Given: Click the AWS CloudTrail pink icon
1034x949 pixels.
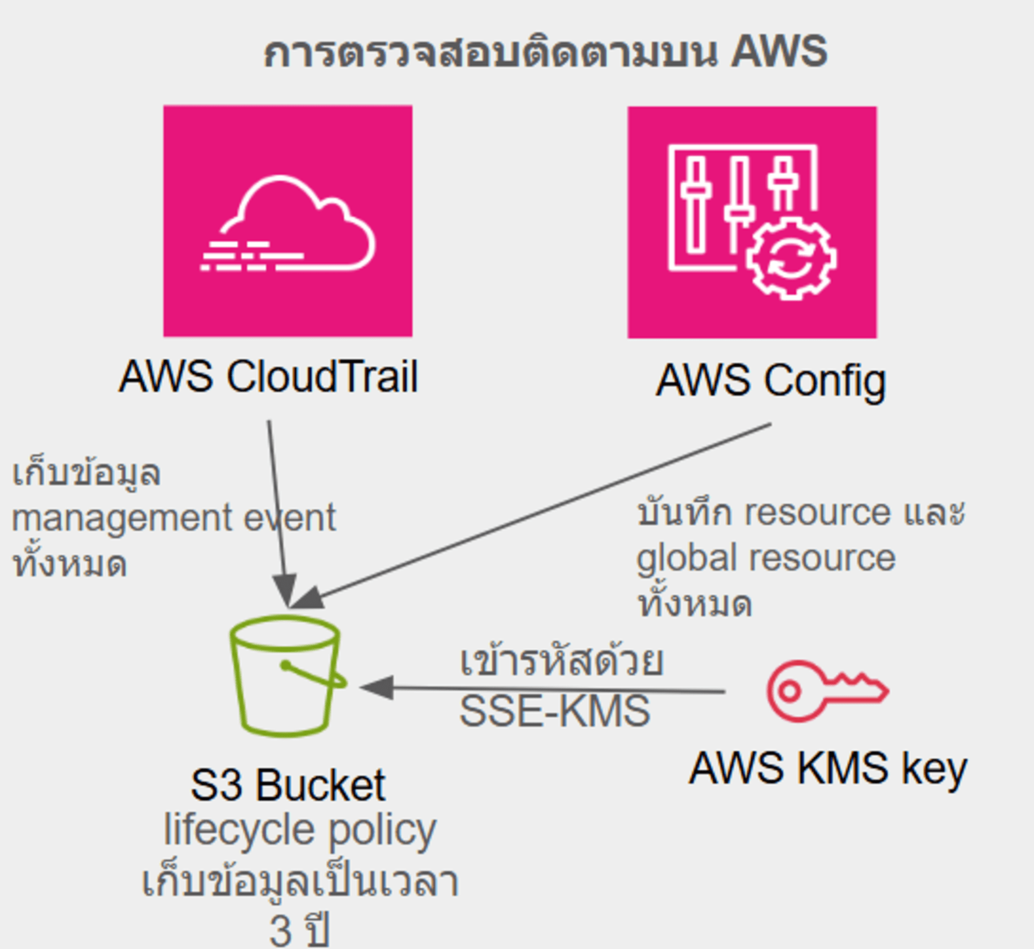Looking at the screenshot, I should pyautogui.click(x=287, y=221).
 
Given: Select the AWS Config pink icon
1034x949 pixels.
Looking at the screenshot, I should pyautogui.click(x=752, y=222).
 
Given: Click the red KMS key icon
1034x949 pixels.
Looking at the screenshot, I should pyautogui.click(x=826, y=691).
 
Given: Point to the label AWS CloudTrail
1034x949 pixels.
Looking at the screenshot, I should pyautogui.click(x=268, y=376).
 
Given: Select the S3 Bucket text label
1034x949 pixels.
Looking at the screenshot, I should pyautogui.click(x=288, y=785).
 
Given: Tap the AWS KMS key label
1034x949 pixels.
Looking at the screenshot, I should pyautogui.click(x=827, y=769).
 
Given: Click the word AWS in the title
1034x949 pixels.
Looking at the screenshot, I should pyautogui.click(x=779, y=52).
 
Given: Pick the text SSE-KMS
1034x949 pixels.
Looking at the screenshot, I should pyautogui.click(x=554, y=711).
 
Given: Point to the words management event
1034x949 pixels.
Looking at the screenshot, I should pyautogui.click(x=174, y=518).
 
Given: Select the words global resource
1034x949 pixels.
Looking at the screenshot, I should pyautogui.click(x=766, y=559).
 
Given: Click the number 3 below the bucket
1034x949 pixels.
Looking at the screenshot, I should pyautogui.click(x=281, y=930).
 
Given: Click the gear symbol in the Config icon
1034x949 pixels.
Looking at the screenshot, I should pyautogui.click(x=791, y=259).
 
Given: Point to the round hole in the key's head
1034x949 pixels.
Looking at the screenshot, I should pyautogui.click(x=789, y=691).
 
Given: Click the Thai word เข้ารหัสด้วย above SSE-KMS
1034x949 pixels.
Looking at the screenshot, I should pyautogui.click(x=561, y=661).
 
